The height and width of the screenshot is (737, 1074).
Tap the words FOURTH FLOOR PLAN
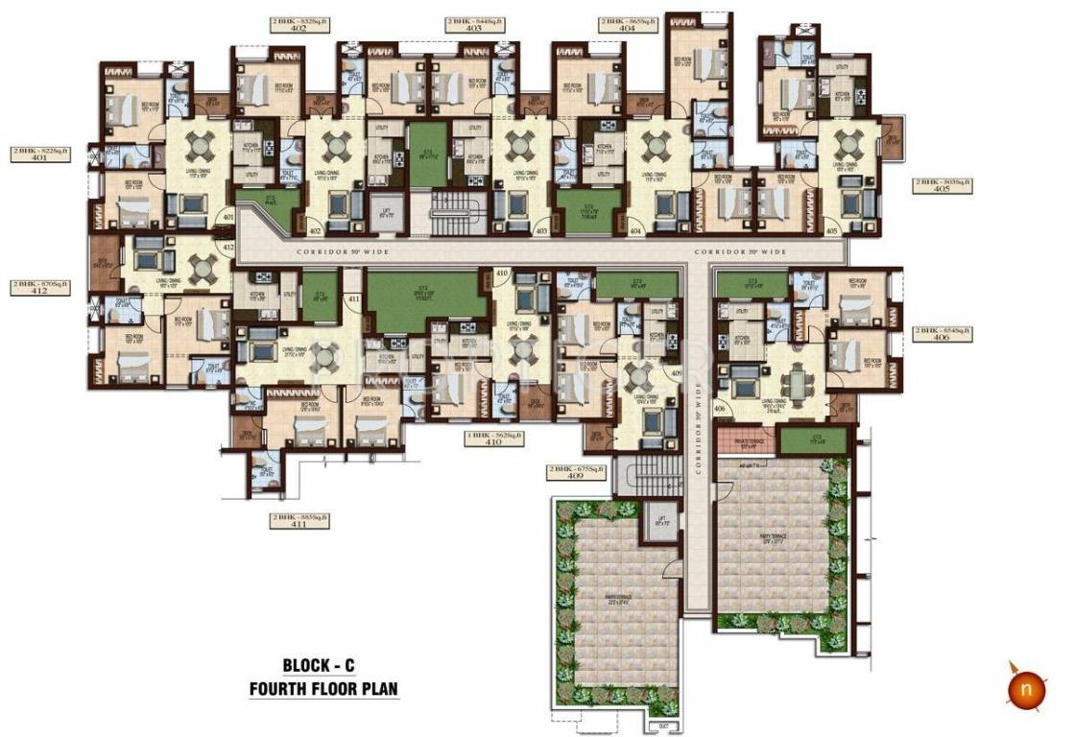pos(323,688)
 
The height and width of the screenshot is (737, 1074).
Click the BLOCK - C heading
pos(323,664)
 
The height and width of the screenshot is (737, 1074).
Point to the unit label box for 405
pos(943,186)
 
